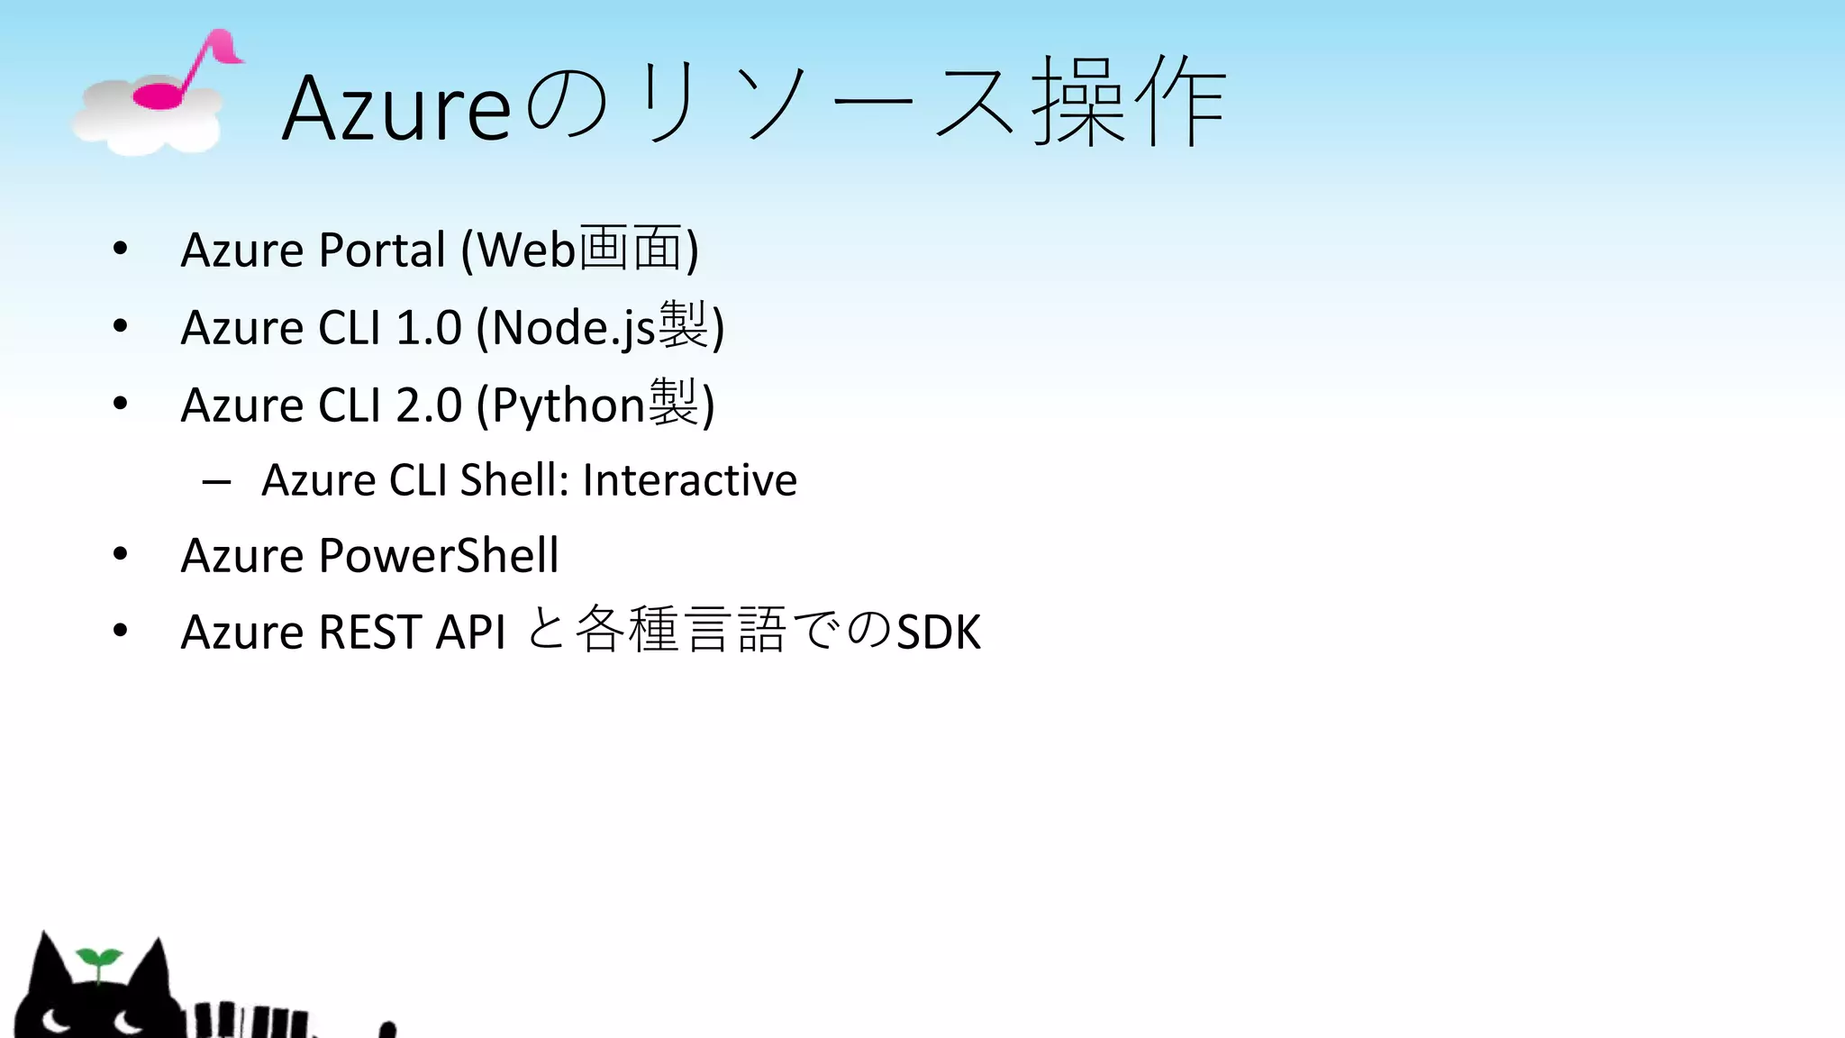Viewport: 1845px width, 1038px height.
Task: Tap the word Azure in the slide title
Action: click(396, 108)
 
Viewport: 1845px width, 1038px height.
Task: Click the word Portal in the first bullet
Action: click(382, 250)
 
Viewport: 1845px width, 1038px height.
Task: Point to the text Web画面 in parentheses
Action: click(579, 248)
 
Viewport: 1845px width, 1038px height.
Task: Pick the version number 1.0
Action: click(429, 327)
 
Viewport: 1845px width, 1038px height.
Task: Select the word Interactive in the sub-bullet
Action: click(689, 479)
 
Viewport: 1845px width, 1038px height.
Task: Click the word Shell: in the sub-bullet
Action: click(514, 479)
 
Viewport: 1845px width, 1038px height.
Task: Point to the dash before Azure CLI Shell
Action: click(216, 483)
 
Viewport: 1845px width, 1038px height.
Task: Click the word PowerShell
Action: click(438, 555)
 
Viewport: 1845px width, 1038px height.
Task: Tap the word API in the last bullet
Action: click(470, 632)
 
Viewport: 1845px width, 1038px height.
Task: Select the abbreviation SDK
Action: click(938, 632)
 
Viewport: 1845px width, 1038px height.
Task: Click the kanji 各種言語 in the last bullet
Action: click(680, 630)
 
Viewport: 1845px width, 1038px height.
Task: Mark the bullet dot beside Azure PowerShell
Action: click(121, 554)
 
